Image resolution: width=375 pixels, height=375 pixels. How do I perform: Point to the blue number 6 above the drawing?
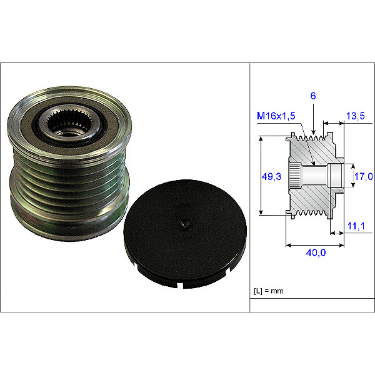(312, 96)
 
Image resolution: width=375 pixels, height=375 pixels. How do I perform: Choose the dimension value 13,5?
(355, 116)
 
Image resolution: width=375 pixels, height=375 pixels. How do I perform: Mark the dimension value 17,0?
(363, 177)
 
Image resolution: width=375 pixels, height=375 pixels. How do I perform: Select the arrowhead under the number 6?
(312, 132)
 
